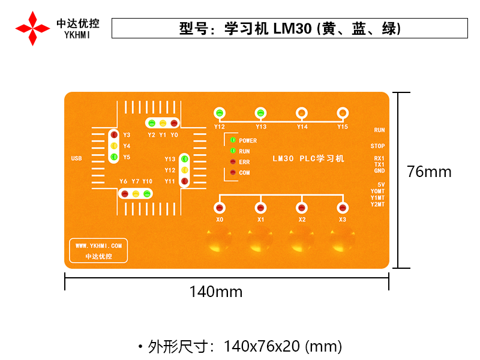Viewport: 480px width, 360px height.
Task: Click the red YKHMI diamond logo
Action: click(x=32, y=28)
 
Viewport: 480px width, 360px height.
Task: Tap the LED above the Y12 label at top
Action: click(x=220, y=113)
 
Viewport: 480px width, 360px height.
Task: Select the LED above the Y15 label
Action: click(x=342, y=113)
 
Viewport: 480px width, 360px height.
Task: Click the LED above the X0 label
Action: click(x=220, y=208)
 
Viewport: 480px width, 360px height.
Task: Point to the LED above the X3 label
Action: click(x=342, y=208)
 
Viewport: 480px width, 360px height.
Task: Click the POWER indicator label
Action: click(x=248, y=141)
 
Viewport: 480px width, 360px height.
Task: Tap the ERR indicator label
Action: click(x=244, y=162)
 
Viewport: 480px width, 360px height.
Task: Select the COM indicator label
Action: click(x=244, y=173)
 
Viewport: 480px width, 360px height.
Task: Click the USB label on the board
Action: click(x=76, y=158)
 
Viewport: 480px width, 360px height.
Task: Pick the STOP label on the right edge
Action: click(x=377, y=146)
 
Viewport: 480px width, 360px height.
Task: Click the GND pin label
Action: click(x=379, y=171)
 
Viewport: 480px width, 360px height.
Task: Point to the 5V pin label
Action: click(x=381, y=185)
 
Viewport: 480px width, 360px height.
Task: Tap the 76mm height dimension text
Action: click(x=429, y=172)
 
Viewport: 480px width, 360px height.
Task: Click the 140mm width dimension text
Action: click(x=216, y=292)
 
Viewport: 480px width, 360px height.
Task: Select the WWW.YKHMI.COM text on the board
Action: click(x=98, y=245)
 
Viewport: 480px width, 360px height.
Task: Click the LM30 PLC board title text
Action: click(x=308, y=159)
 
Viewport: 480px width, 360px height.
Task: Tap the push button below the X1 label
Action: click(x=260, y=241)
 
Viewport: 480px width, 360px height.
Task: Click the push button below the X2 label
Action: click(x=302, y=241)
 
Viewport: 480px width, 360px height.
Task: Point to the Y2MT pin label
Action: click(x=377, y=205)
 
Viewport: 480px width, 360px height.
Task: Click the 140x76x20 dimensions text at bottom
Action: click(x=283, y=346)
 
